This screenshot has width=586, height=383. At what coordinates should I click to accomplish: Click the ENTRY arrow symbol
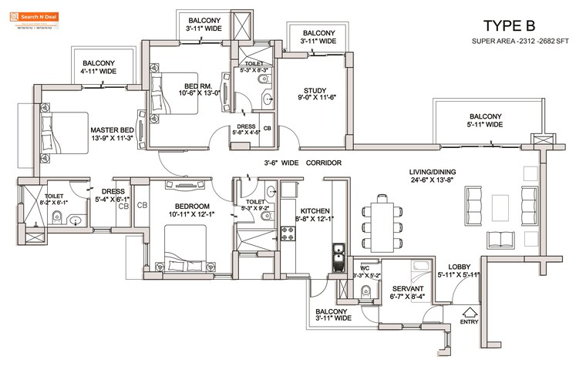pyautogui.click(x=467, y=313)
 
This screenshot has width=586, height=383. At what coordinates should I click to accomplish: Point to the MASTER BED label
pyautogui.click(x=112, y=130)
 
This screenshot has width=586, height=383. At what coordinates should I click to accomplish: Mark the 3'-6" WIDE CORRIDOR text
pyautogui.click(x=302, y=163)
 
